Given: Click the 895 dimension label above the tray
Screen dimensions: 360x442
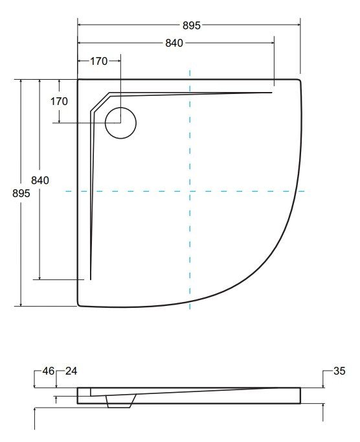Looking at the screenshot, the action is [191, 25].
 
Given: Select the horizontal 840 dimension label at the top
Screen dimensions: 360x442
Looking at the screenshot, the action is [174, 43].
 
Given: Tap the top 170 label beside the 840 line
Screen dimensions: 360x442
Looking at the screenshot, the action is [98, 61].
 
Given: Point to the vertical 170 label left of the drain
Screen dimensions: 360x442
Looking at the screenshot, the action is [59, 101].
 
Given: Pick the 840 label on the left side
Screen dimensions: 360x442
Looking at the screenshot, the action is [40, 180].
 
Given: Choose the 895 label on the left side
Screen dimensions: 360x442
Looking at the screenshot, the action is [21, 193].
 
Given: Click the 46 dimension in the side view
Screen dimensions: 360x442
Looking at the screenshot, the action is [48, 371].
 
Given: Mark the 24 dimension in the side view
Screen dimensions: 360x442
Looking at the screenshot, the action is [71, 371].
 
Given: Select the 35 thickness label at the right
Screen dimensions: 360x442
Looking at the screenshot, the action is [339, 371].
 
